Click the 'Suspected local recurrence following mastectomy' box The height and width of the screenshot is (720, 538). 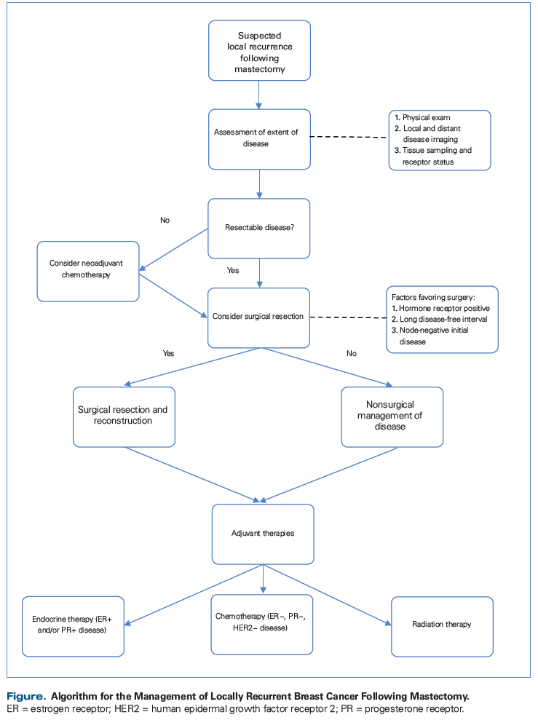[259, 50]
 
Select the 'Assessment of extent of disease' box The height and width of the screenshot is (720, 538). [259, 139]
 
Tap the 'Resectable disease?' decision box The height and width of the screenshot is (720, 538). [259, 229]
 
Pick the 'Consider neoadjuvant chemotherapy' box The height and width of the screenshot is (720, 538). [88, 272]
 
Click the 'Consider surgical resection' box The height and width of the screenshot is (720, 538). [259, 317]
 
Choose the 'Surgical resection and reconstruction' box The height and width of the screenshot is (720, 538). [124, 417]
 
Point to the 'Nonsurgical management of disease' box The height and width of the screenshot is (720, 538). [392, 417]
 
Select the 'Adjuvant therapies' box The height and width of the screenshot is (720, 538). [263, 534]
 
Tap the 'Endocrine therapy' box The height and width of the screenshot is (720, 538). [73, 626]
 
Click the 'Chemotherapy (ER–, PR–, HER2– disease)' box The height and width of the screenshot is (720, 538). [262, 625]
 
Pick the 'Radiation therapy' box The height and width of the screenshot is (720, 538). [442, 627]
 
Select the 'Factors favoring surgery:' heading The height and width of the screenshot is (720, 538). [433, 297]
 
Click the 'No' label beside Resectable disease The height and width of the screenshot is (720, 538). [165, 221]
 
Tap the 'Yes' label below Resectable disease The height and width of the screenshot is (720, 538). [233, 271]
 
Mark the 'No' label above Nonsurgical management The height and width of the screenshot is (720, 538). [352, 353]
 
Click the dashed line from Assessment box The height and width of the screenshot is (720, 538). [349, 137]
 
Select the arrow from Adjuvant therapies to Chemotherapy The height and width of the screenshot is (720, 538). [263, 579]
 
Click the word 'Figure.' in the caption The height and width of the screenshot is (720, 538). [26, 697]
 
